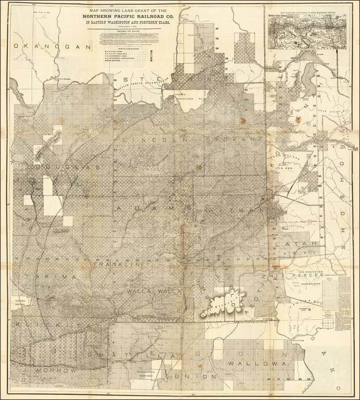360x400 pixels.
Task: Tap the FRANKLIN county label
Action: pos(117,265)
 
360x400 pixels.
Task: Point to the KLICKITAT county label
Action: pos(57,326)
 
